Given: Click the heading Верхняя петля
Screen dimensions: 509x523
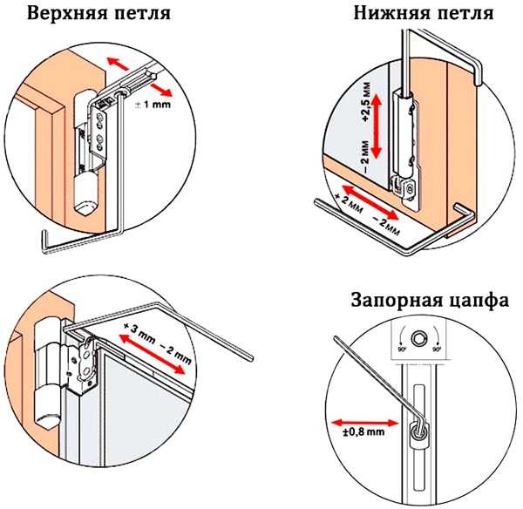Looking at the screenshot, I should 97,15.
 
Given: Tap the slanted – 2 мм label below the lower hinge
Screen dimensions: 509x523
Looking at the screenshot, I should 384,221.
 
